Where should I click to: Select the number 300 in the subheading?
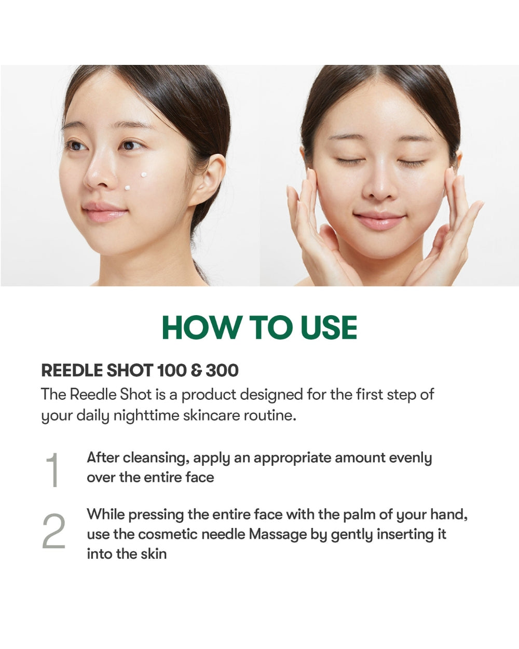point(222,370)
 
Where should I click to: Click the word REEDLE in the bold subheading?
point(72,370)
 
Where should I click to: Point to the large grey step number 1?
point(52,469)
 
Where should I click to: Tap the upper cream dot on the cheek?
point(144,174)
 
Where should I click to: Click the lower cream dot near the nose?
point(127,188)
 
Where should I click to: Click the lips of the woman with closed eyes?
point(379,219)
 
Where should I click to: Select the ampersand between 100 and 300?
point(196,370)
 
